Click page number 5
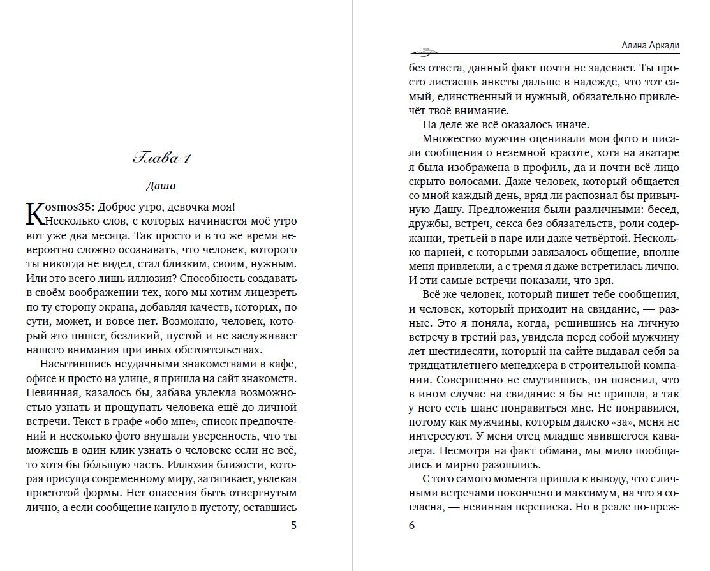pos(293,526)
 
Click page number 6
pos(411,526)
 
